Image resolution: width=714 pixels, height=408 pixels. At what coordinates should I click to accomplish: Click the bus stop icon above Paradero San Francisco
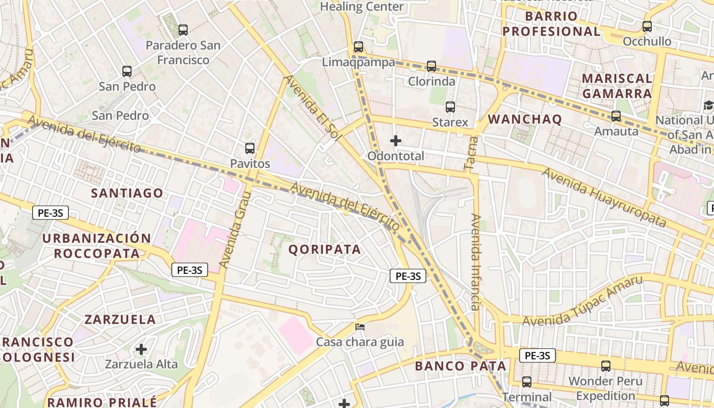point(183,30)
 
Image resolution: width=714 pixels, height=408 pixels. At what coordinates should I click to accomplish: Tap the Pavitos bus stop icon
point(249,148)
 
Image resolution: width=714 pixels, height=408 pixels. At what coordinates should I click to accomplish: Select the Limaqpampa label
point(359,62)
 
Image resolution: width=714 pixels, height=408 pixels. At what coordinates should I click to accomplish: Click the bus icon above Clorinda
point(431,66)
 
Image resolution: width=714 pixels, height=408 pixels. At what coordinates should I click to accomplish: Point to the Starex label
point(450,122)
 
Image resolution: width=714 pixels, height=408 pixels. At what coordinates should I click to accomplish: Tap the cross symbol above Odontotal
point(395,140)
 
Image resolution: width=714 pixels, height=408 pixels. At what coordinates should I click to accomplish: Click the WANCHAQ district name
point(525,119)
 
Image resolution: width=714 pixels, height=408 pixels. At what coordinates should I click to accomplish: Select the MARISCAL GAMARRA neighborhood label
point(617,86)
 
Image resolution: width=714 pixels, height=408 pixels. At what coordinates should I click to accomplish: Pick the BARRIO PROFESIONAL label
point(551,23)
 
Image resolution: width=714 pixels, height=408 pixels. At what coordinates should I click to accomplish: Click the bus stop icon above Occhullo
point(647,26)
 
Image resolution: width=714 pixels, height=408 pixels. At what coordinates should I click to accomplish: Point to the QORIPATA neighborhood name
point(325,249)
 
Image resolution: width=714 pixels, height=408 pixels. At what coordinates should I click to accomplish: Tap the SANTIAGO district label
point(127,193)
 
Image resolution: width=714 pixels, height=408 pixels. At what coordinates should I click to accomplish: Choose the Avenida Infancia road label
point(476,262)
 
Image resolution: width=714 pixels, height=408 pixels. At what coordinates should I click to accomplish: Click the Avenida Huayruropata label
point(604,197)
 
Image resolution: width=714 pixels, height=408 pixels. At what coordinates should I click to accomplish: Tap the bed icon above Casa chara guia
point(360,327)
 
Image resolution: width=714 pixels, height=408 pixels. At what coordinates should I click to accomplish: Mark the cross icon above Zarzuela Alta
point(141,349)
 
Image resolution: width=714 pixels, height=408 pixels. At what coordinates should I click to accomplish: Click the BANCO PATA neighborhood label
point(460,366)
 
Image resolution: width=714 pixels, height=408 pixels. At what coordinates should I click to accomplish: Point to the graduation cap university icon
point(708,106)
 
